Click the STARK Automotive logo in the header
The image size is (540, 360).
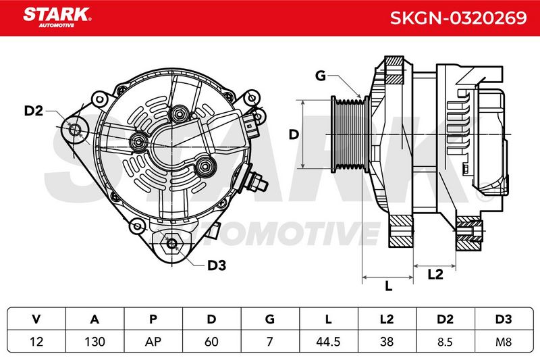(x=57, y=18)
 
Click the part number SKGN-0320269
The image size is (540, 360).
(x=458, y=18)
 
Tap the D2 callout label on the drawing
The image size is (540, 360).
(x=33, y=111)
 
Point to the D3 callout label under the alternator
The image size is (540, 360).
(x=216, y=265)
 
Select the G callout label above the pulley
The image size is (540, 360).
(x=321, y=76)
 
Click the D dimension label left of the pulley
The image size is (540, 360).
(x=294, y=134)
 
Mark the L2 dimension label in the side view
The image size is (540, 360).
(x=435, y=274)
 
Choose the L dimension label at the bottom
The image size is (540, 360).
(x=389, y=286)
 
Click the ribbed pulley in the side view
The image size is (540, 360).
(x=348, y=134)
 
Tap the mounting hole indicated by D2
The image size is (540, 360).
(x=76, y=130)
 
